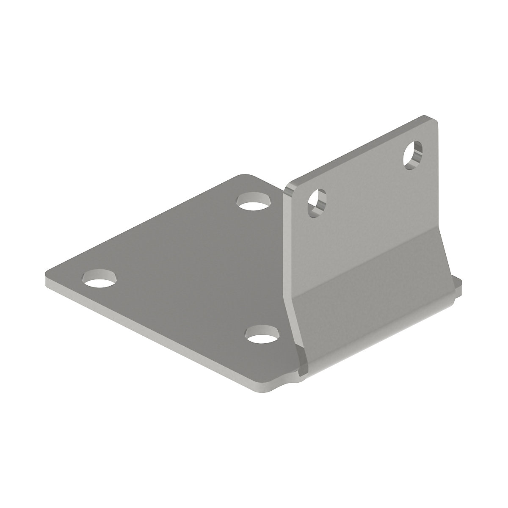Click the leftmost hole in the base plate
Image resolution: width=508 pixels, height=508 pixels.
(100, 278)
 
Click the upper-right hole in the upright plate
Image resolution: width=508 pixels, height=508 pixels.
(412, 155)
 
